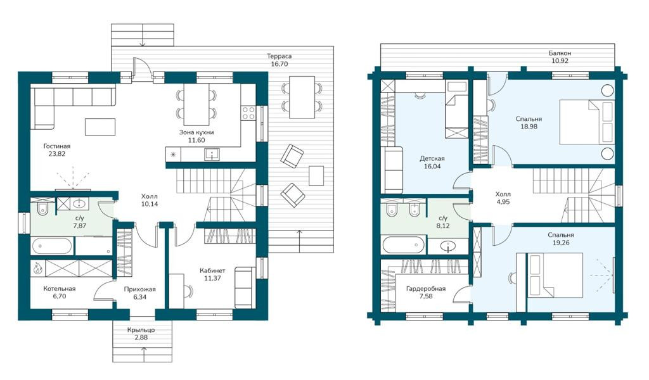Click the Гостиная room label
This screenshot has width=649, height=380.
(x=56, y=146)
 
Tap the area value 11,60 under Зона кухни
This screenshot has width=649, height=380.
(x=196, y=140)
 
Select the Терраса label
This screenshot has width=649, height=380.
(x=279, y=56)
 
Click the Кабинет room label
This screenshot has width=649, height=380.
(x=212, y=270)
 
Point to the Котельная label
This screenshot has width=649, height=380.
(x=59, y=289)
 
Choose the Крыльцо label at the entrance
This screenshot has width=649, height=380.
(x=141, y=330)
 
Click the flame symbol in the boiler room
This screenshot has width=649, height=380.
(x=37, y=268)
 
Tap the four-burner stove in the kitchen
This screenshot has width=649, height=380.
(x=248, y=113)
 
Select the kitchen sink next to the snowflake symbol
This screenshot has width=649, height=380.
(x=212, y=155)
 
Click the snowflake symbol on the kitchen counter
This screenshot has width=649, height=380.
(x=173, y=155)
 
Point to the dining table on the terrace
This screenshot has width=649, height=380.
(x=302, y=97)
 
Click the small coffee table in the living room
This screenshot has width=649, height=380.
(x=100, y=127)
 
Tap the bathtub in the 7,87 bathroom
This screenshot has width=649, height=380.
(x=52, y=246)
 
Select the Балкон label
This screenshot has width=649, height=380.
(x=560, y=53)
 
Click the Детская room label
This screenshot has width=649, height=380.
(x=432, y=158)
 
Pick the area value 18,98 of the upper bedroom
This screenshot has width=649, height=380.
(x=529, y=127)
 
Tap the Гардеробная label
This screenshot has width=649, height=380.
(x=425, y=289)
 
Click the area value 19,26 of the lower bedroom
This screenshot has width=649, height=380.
(x=561, y=243)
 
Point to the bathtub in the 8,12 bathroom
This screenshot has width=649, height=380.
(x=404, y=245)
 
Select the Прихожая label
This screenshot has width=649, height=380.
(x=140, y=289)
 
